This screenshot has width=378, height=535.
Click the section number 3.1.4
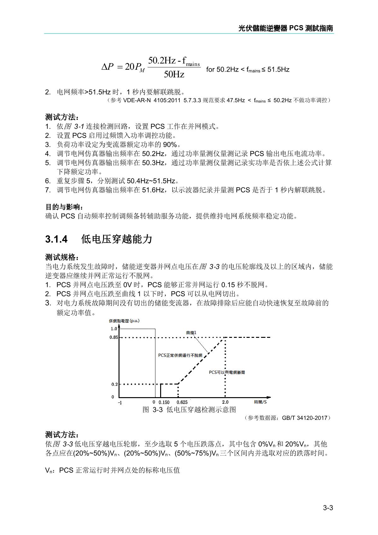pyautogui.click(x=56, y=239)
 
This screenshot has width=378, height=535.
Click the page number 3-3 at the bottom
pyautogui.click(x=328, y=508)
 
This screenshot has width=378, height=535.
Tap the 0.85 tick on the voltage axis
pyautogui.click(x=114, y=337)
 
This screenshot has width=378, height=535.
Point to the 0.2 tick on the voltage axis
pyautogui.click(x=115, y=384)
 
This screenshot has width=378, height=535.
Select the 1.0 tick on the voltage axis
pyautogui.click(x=114, y=329)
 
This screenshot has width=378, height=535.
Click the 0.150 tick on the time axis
pyautogui.click(x=164, y=402)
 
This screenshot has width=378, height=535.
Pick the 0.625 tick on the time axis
pyautogui.click(x=182, y=402)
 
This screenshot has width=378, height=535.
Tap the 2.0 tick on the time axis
pyautogui.click(x=225, y=402)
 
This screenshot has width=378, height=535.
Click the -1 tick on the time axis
pyautogui.click(x=120, y=403)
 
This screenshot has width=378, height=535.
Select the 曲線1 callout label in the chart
pyautogui.click(x=191, y=332)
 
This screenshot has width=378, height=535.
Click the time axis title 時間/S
pyautogui.click(x=260, y=402)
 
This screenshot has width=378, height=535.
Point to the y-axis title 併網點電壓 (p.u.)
pyautogui.click(x=124, y=321)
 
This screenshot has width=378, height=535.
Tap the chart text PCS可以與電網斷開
pyautogui.click(x=227, y=372)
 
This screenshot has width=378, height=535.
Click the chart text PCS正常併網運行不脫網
pyautogui.click(x=180, y=355)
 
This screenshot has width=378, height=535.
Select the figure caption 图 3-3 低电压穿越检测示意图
pyautogui.click(x=189, y=409)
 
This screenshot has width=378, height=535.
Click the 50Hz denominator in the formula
pyautogui.click(x=174, y=74)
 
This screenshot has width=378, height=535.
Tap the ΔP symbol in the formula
pyautogui.click(x=108, y=67)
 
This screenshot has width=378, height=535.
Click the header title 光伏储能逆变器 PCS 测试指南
pyautogui.click(x=286, y=28)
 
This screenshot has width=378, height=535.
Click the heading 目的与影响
pyautogui.click(x=65, y=207)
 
